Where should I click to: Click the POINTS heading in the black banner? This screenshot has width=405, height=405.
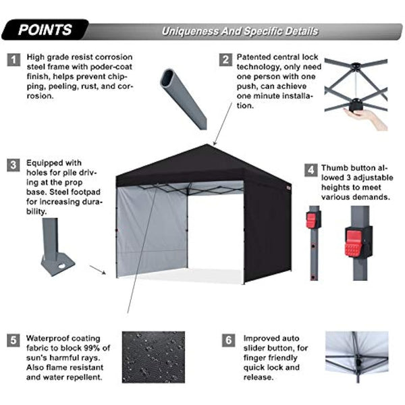coord(45,30)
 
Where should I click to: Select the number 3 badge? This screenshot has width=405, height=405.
coord(13,165)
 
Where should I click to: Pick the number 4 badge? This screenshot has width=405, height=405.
coord(310,169)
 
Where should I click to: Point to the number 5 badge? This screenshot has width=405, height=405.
coord(13,339)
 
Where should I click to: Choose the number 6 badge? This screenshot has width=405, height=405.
coord(227,339)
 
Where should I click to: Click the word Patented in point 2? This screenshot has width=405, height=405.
coord(255,57)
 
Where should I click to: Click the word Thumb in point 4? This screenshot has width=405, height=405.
coord(335,168)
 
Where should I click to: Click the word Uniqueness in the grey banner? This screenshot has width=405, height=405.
coord(190,32)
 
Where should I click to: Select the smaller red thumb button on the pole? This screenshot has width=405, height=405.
coord(312,220)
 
